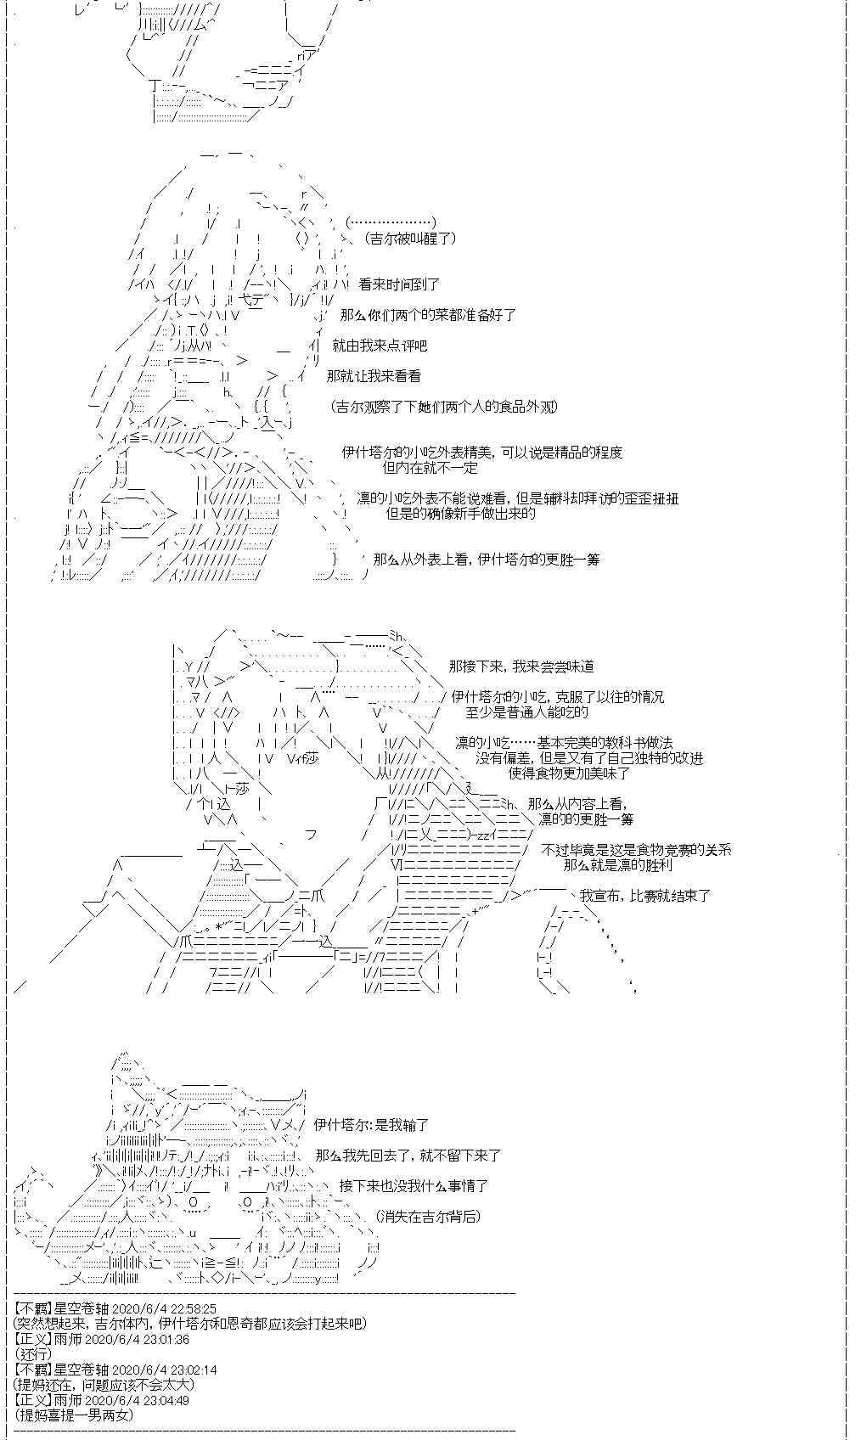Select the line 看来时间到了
pos(399,284)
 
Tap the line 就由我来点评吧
pos(380,346)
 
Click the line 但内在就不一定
pos(430,468)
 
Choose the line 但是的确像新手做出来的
pos(461,514)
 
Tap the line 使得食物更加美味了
pos(569,773)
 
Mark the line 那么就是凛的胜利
pos(617,865)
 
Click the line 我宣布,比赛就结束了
pos(645,896)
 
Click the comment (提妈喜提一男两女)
pos(74,1415)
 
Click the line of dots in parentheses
pos(391,223)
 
